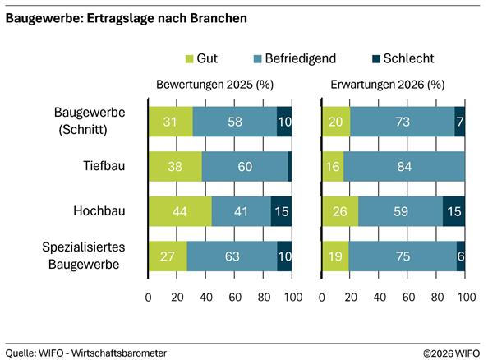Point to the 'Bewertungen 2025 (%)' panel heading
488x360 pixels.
[x=214, y=85]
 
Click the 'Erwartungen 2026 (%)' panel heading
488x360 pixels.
[x=388, y=85]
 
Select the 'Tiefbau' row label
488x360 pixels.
[x=104, y=166]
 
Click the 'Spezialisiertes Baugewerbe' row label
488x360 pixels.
[x=90, y=256]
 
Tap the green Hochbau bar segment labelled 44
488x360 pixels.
[x=180, y=211]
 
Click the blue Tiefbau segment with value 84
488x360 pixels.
[x=404, y=166]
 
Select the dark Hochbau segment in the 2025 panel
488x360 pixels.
[x=281, y=211]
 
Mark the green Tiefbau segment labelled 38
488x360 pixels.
[x=175, y=166]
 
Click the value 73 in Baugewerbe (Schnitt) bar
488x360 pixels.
[x=402, y=121]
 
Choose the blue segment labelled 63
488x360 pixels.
[x=232, y=256]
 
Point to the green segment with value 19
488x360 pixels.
[x=335, y=256]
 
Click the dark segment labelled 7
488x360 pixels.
[x=459, y=121]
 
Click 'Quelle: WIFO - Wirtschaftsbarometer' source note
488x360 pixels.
[x=86, y=352]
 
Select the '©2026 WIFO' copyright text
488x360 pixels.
[x=451, y=352]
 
